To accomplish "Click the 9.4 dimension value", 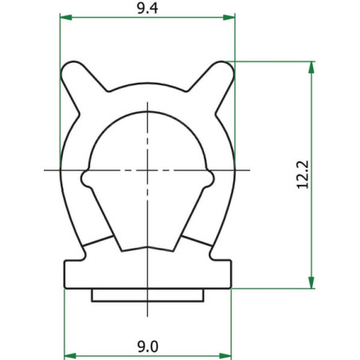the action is (x=147, y=8).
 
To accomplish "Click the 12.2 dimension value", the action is (x=303, y=174).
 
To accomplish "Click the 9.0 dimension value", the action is (x=148, y=346).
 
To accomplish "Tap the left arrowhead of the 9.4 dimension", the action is (x=66, y=18).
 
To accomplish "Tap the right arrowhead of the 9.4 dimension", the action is (x=229, y=18).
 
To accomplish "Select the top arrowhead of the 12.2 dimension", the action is (x=311, y=68).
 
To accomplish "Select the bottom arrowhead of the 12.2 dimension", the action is (x=311, y=282).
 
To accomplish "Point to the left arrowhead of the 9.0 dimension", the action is (x=71, y=355).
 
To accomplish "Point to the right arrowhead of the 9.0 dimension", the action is (x=225, y=355).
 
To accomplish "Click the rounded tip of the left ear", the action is (x=69, y=66).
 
